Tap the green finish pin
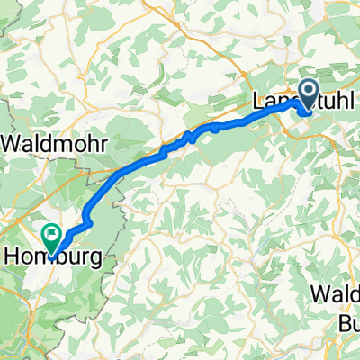(x=52, y=238)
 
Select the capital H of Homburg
(x=13, y=256)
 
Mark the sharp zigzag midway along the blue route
(x=190, y=137)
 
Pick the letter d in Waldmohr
(x=45, y=142)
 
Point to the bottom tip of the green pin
(x=52, y=253)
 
